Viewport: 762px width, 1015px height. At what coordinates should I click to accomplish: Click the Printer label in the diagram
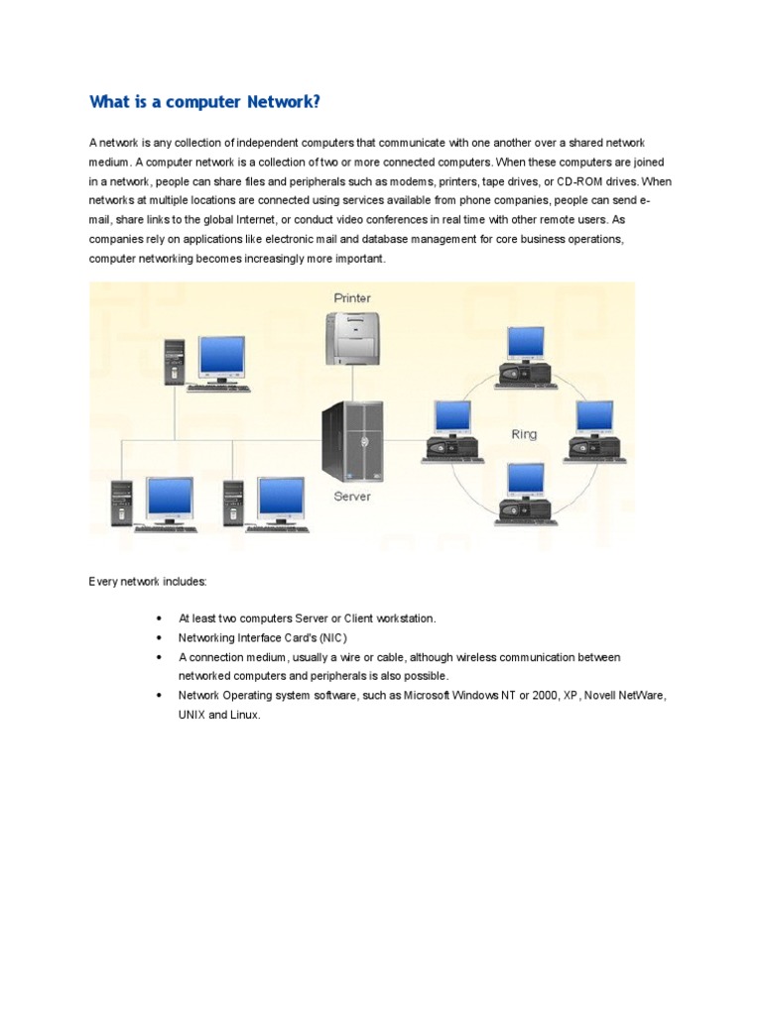pos(352,298)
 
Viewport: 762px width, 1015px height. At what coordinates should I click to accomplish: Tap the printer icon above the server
pos(352,337)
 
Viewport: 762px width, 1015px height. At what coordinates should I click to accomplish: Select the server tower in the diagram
pos(351,441)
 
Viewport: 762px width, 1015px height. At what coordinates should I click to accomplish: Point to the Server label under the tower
pos(352,497)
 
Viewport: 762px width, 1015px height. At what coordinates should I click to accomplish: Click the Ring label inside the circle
pos(524,435)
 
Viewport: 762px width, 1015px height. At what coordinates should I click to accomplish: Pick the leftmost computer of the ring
pos(452,431)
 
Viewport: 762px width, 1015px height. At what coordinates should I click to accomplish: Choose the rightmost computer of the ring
pos(595,431)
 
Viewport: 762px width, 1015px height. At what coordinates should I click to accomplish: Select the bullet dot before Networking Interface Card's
pos(159,637)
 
